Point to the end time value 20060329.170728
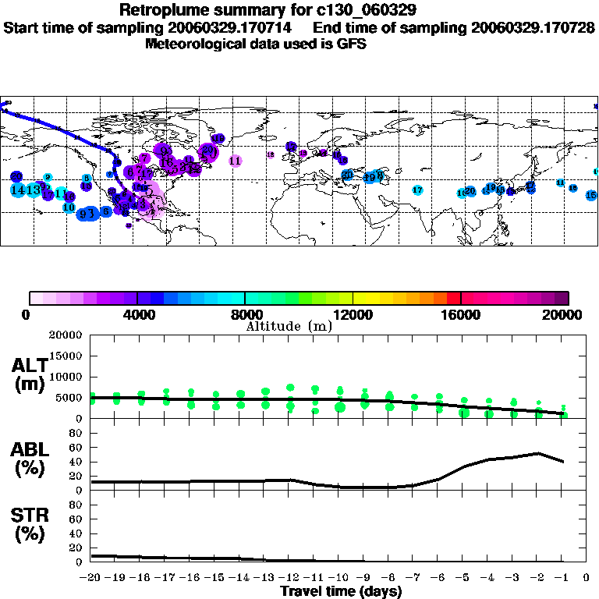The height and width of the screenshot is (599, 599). [533, 27]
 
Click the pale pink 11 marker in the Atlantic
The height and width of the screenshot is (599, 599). [236, 161]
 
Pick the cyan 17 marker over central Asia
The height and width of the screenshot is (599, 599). [417, 190]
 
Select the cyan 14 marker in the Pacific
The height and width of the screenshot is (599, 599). [16, 190]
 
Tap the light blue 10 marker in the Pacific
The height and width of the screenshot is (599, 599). [69, 207]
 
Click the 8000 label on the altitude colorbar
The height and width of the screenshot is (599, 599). [245, 316]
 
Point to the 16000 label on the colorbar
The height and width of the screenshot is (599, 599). [462, 316]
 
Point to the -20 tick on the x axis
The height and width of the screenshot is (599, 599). [90, 578]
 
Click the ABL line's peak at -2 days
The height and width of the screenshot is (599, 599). [537, 453]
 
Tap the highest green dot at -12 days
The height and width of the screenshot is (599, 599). [290, 387]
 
